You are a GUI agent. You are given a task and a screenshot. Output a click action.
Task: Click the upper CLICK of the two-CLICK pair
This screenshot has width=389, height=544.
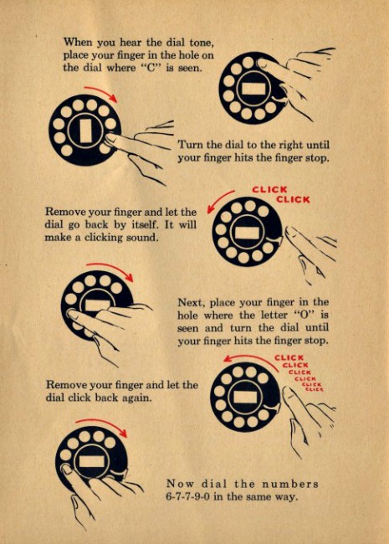click(x=269, y=190)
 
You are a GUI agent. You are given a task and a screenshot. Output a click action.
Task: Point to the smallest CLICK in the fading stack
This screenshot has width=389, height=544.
click(x=314, y=389)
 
